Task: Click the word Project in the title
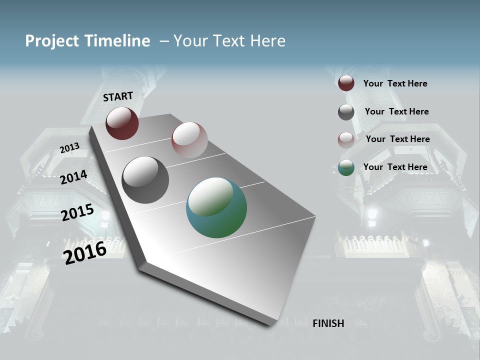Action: [x=52, y=41]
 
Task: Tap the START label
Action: [x=118, y=96]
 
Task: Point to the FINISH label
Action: [x=328, y=323]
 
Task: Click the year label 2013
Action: [x=69, y=147]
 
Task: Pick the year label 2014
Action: [x=73, y=177]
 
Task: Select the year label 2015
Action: [x=77, y=212]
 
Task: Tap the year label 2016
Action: [x=85, y=252]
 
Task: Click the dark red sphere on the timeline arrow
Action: [x=122, y=123]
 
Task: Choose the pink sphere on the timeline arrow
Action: [x=189, y=139]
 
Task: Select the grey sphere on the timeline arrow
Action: [x=145, y=180]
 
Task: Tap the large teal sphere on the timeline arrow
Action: [x=216, y=207]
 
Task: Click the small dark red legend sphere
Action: [x=346, y=83]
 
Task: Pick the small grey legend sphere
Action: [x=346, y=112]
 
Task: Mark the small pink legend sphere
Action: [x=346, y=140]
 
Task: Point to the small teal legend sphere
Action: [x=346, y=167]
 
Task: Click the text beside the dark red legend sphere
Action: [x=395, y=83]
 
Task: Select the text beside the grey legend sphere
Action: [x=396, y=111]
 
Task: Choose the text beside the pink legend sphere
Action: [x=397, y=139]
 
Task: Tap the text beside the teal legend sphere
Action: [x=395, y=167]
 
